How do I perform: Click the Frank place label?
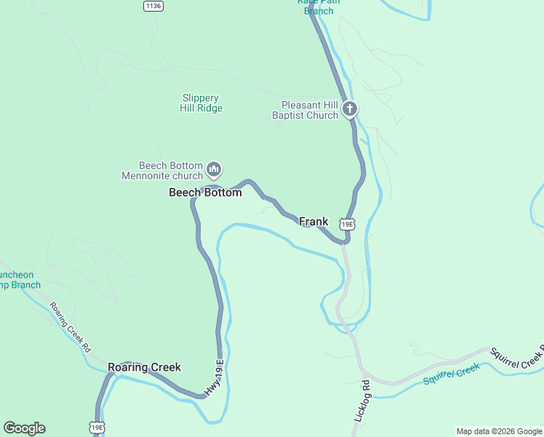click(313, 221)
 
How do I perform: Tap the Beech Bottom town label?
click(205, 193)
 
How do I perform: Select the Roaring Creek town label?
click(144, 367)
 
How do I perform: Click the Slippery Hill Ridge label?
click(201, 103)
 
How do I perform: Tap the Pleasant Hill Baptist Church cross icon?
click(350, 110)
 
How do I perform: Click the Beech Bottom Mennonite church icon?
click(214, 170)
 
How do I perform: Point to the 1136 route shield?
click(153, 6)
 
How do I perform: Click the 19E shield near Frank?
click(348, 224)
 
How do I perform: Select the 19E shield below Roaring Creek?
click(97, 426)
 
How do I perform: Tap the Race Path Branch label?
click(318, 7)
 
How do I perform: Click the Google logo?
click(24, 428)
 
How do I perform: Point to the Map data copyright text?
click(498, 431)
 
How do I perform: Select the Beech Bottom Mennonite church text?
click(161, 170)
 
